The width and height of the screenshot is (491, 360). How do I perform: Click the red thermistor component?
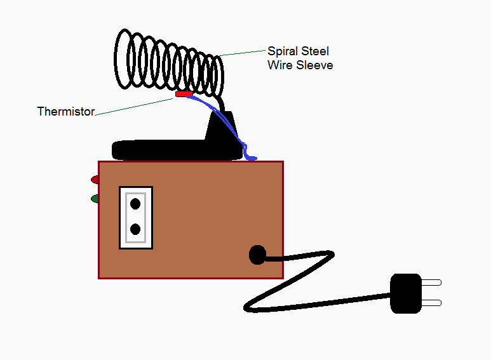click(x=184, y=94)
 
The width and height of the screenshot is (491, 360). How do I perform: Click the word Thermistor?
click(x=65, y=112)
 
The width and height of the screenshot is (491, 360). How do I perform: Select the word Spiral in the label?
click(x=282, y=51)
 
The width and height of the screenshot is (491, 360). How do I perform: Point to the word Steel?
click(x=314, y=51)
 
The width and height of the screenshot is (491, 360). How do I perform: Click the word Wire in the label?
click(x=278, y=65)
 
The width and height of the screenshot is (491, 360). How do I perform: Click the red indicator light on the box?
click(x=95, y=179)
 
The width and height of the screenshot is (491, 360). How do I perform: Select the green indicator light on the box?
click(x=95, y=199)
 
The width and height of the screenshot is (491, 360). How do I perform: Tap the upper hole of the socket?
click(x=135, y=204)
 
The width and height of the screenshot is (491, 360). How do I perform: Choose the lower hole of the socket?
click(x=135, y=229)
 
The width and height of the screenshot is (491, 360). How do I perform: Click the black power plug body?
click(x=405, y=293)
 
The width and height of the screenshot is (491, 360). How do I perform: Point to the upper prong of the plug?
click(x=431, y=283)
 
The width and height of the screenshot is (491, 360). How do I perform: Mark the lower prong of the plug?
click(x=431, y=303)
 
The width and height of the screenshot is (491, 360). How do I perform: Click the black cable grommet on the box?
click(x=257, y=255)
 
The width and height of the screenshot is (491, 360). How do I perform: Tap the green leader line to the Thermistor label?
click(x=133, y=105)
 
